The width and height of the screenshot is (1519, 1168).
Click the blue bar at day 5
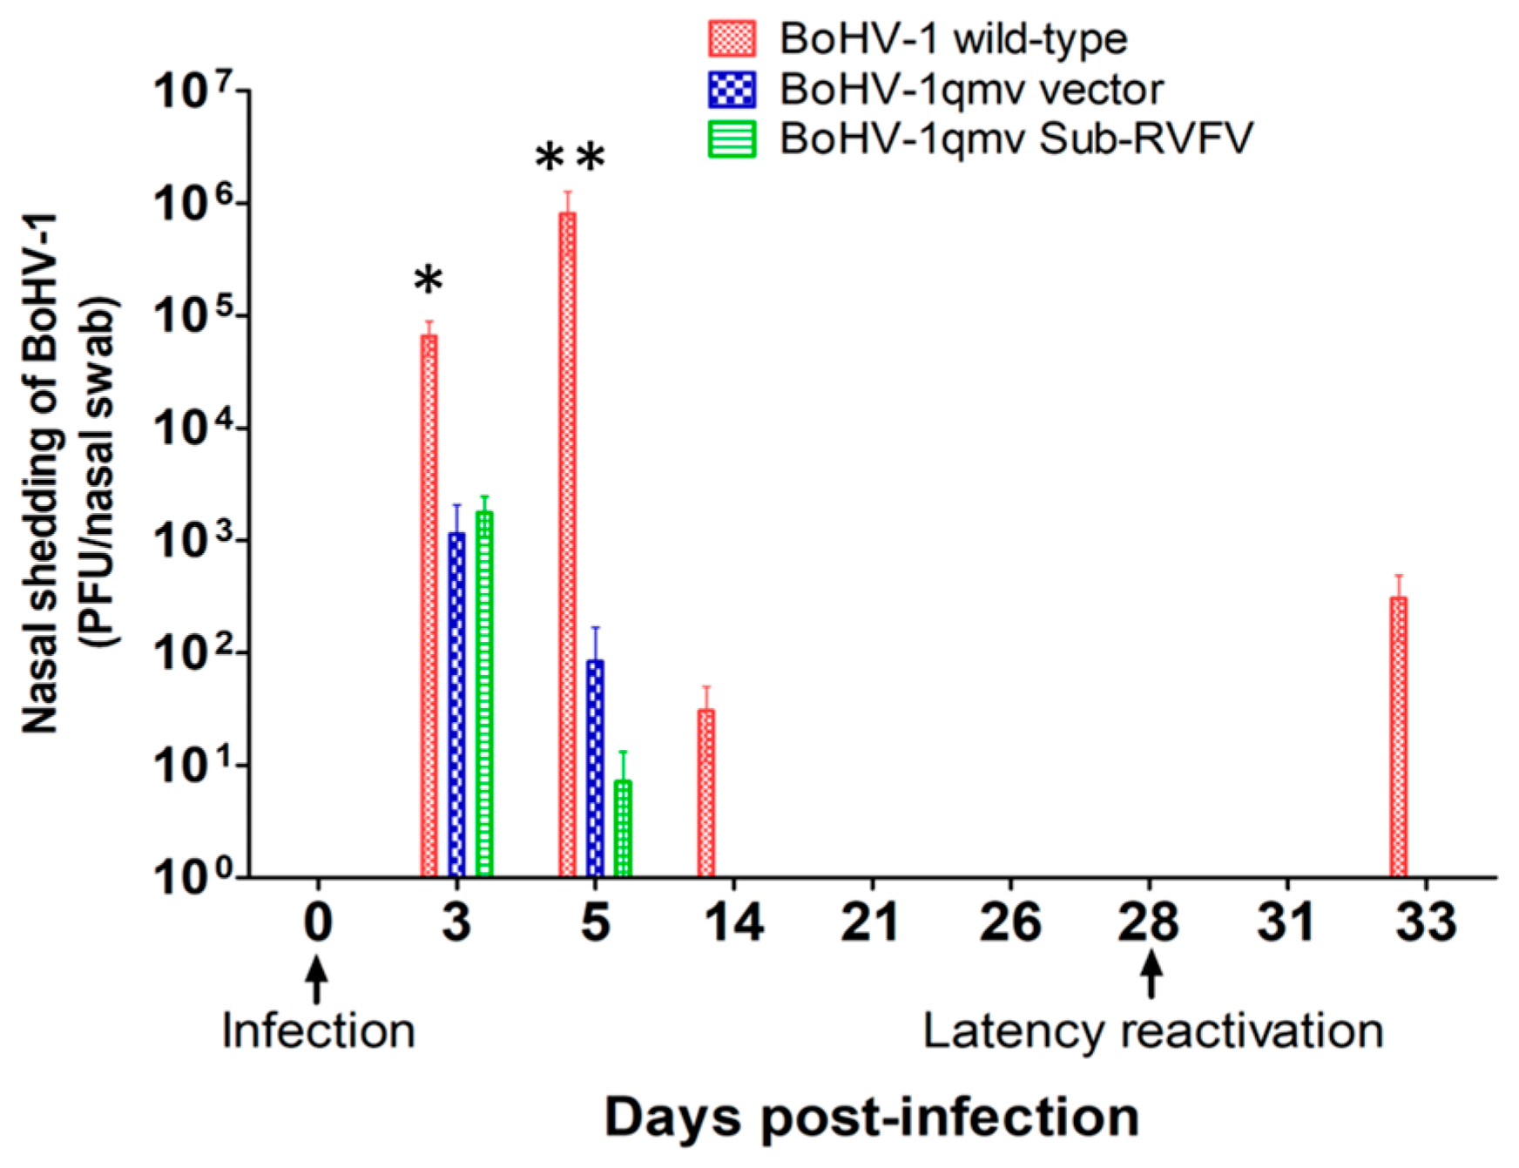[595, 767]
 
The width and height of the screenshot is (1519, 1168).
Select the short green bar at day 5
[623, 827]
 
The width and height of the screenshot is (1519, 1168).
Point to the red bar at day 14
[705, 793]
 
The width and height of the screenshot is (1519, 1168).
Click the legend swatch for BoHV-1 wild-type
[732, 39]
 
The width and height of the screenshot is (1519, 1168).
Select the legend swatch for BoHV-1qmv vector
[732, 89]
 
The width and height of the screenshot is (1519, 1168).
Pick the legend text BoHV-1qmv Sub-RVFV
[1016, 138]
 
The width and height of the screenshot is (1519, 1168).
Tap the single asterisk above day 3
[428, 281]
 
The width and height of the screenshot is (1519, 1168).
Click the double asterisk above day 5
[570, 159]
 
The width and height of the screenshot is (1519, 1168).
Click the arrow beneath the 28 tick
[1151, 975]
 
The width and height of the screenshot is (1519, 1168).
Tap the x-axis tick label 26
[1009, 922]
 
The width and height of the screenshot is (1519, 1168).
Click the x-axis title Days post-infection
[872, 1117]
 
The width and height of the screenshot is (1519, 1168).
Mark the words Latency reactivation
[1152, 1031]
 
